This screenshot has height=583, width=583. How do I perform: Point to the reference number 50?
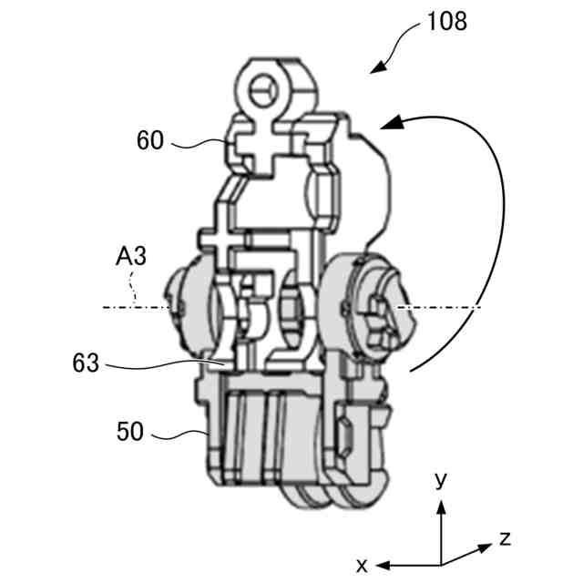click(x=130, y=430)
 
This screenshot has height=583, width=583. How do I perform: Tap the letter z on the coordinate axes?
click(x=505, y=537)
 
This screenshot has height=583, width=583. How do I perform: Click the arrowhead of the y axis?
click(x=441, y=503)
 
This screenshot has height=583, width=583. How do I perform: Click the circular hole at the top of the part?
click(x=263, y=90)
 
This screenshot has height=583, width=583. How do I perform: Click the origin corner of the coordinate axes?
click(x=441, y=562)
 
